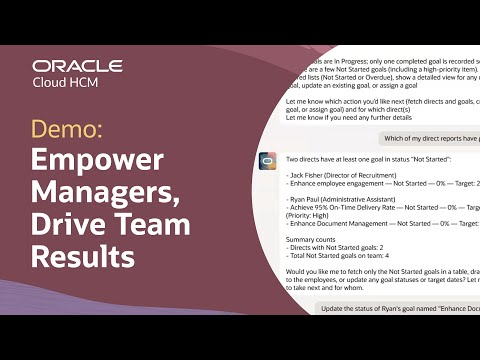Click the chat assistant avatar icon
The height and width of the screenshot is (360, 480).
pos(267,160)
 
